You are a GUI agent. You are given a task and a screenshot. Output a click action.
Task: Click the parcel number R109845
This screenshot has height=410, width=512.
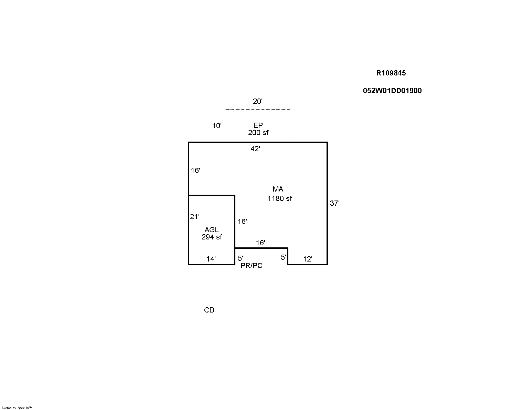[x=391, y=73]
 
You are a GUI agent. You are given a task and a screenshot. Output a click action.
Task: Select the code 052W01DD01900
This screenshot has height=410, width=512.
[x=392, y=91]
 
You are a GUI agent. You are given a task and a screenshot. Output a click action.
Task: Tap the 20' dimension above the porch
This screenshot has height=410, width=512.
[x=258, y=101]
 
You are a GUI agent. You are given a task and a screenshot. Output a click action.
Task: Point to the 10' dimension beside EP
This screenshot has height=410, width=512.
[x=217, y=125]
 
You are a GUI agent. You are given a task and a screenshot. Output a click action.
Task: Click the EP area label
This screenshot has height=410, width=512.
[x=258, y=125]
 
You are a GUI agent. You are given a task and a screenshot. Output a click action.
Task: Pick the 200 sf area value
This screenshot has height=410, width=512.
[x=258, y=133]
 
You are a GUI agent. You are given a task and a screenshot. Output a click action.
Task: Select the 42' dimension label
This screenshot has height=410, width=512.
[x=255, y=149]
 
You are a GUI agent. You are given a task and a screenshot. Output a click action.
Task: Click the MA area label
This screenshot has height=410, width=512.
[x=278, y=189]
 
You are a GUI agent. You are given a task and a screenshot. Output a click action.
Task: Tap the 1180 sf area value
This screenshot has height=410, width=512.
[x=279, y=198]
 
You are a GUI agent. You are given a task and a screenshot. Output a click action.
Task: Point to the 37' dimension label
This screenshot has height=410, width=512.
[x=334, y=203]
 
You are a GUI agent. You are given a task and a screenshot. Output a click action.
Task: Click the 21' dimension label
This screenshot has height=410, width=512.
[x=195, y=217]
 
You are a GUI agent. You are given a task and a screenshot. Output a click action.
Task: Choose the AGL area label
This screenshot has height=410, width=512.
[x=212, y=230]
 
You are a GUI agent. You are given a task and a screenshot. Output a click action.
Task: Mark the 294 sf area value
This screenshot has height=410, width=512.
[x=212, y=237]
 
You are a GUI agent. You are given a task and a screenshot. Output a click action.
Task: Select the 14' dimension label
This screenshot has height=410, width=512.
[x=211, y=259]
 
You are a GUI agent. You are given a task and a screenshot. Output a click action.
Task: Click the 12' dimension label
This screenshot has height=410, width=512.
[x=308, y=259]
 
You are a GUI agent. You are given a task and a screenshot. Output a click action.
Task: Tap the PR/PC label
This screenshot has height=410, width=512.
[x=252, y=265]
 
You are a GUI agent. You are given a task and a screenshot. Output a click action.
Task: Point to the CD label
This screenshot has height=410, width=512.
[x=209, y=310]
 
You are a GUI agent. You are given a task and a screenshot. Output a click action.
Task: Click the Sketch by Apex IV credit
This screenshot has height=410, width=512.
[x=17, y=408]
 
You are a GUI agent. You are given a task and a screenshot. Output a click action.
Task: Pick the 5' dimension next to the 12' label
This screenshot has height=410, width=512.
[x=284, y=257]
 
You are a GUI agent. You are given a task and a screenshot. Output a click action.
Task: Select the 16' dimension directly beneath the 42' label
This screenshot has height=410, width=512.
[x=195, y=171]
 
